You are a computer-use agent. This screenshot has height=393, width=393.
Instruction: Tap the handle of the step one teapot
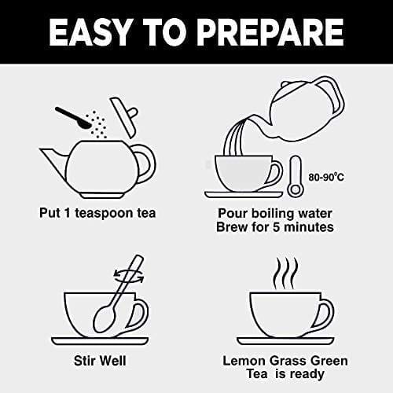coord(144,162)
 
